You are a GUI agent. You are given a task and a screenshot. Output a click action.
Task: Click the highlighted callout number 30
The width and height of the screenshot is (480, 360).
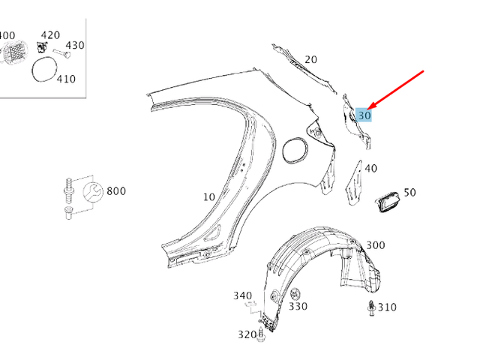pyautogui.click(x=364, y=115)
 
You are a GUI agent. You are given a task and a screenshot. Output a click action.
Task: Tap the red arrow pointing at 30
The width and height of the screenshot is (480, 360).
pyautogui.click(x=398, y=89)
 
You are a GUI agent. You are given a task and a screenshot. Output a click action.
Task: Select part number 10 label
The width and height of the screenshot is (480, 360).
pyautogui.click(x=208, y=197)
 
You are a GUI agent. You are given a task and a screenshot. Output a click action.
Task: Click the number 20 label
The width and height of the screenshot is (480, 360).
pyautogui.click(x=310, y=59)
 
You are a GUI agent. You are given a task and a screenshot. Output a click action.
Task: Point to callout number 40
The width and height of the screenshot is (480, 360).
pyautogui.click(x=370, y=169)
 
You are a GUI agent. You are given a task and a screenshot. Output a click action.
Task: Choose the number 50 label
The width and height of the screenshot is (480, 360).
pyautogui.click(x=409, y=193)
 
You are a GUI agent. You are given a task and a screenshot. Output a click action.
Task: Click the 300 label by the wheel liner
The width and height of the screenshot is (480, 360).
pyautogui.click(x=376, y=245)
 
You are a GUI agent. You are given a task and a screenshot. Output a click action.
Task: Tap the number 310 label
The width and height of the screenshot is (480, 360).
pyautogui.click(x=387, y=307)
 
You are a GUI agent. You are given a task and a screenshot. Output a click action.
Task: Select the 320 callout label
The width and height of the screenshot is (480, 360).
pyautogui.click(x=247, y=334)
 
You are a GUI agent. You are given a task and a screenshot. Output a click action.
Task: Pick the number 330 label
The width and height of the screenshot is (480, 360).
pyautogui.click(x=298, y=307)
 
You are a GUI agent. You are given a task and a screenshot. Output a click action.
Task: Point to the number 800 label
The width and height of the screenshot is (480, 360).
pyautogui.click(x=116, y=191)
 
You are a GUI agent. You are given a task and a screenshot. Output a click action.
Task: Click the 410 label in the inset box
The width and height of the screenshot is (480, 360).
pyautogui.click(x=66, y=78)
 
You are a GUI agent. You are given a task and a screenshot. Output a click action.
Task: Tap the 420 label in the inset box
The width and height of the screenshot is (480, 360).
pyautogui.click(x=49, y=35)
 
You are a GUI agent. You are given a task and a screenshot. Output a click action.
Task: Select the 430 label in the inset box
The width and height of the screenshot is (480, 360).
pyautogui.click(x=75, y=45)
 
